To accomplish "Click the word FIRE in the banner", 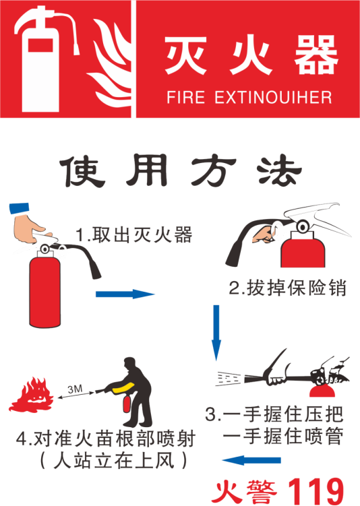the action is click(x=185, y=97).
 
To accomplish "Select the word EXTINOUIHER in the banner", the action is click(x=273, y=97).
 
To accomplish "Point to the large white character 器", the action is click(x=316, y=55).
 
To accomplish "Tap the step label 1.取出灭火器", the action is click(x=134, y=234).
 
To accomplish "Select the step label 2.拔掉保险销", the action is click(x=288, y=288).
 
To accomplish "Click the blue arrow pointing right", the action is click(x=125, y=294).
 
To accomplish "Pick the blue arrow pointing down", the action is click(x=216, y=332).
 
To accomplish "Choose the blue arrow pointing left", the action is click(x=251, y=460).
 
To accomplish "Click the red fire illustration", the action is click(x=31, y=395).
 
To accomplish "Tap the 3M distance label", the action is click(x=75, y=389).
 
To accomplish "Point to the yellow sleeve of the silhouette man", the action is click(x=123, y=388).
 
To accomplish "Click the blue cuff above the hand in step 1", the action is click(x=20, y=208).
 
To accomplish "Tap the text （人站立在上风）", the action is click(x=113, y=461).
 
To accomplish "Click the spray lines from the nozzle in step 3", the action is click(x=229, y=378).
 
